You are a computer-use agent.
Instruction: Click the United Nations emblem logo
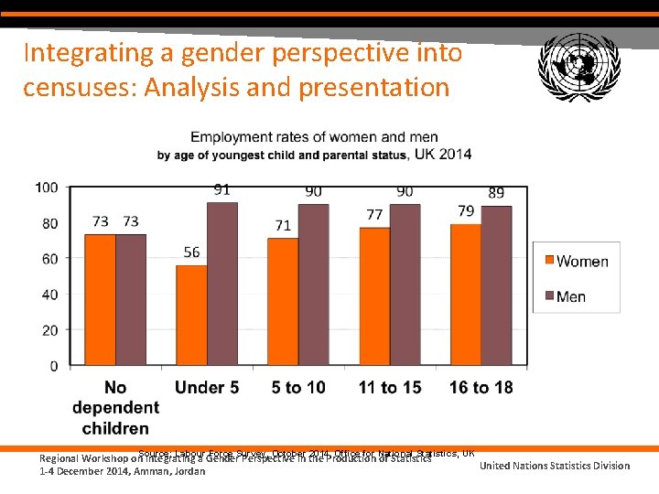[579, 66]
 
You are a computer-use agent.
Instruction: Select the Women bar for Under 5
[191, 316]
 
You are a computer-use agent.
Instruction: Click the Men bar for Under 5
[222, 285]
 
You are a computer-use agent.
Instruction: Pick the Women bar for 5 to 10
[283, 302]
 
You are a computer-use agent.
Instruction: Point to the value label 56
[191, 252]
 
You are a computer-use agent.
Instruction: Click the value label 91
[222, 190]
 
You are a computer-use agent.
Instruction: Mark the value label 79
[466, 211]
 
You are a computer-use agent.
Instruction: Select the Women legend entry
[574, 262]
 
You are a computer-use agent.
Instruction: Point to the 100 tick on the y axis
[47, 188]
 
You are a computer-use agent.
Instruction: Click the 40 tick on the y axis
[50, 295]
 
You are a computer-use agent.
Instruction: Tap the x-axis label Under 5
[207, 388]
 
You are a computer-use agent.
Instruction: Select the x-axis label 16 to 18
[481, 388]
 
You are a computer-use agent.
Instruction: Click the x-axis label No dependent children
[115, 407]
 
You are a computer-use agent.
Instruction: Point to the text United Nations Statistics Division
[555, 466]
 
